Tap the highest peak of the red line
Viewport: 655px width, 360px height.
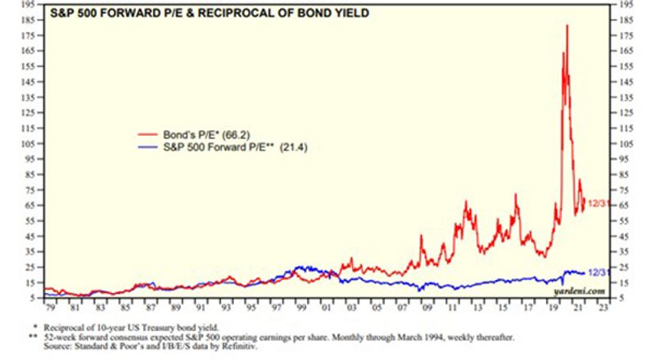tap(567, 25)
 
